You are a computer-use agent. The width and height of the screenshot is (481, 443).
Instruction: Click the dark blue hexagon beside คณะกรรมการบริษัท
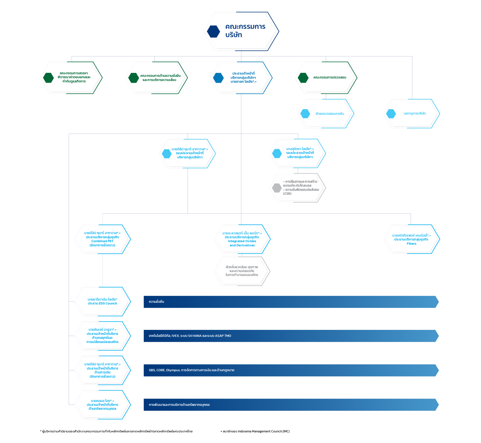[214, 32]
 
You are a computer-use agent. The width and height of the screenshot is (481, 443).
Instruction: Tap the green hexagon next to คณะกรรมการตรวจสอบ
[303, 78]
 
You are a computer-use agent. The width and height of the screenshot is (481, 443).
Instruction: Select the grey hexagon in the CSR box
[277, 188]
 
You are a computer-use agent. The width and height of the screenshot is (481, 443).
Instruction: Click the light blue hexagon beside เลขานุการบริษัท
[391, 114]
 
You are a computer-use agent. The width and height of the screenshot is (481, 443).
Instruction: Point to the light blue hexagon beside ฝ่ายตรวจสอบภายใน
[305, 114]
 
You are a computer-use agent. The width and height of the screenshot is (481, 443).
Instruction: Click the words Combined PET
[102, 241]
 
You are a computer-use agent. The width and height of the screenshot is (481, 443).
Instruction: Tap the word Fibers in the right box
[411, 244]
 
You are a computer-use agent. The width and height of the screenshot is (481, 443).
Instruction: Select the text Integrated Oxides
[242, 241]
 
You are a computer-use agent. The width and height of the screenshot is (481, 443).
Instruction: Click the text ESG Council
[108, 304]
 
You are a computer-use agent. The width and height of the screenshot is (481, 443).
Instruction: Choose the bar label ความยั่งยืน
[156, 302]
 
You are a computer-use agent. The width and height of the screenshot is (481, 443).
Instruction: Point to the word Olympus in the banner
[173, 370]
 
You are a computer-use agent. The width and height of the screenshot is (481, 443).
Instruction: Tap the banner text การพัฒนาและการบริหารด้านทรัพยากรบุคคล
[179, 405]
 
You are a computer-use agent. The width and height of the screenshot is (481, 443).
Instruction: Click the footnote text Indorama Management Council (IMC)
[264, 432]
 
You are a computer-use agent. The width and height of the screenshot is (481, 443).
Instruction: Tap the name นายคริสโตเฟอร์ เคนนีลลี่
[409, 236]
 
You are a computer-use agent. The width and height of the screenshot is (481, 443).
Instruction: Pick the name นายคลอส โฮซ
[101, 401]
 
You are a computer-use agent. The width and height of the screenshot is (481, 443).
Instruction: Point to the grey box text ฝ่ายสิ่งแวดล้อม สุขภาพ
[242, 267]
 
